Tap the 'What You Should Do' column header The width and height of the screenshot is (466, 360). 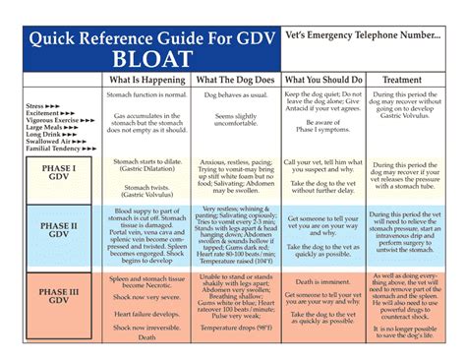(323, 79)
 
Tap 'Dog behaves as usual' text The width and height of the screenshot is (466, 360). (236, 93)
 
